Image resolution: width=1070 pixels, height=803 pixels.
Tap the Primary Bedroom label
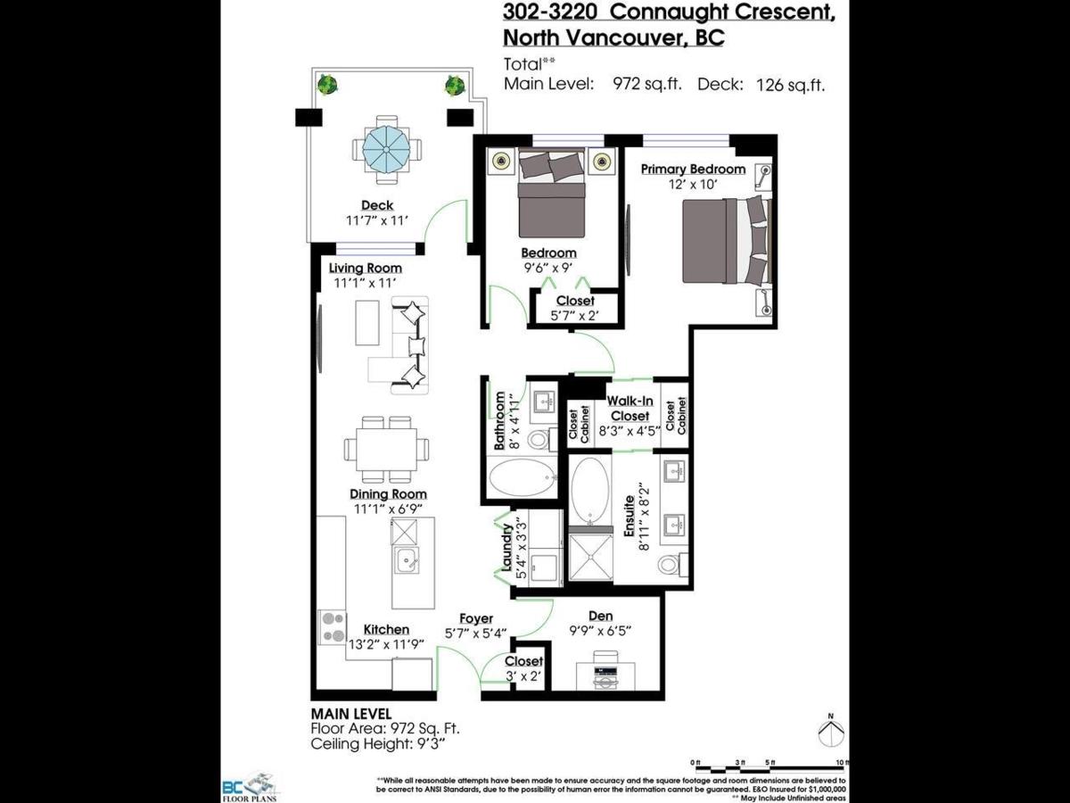pyautogui.click(x=693, y=170)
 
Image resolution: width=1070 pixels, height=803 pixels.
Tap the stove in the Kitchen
pyautogui.click(x=333, y=625)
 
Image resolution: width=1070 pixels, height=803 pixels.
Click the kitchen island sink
pyautogui.click(x=406, y=563)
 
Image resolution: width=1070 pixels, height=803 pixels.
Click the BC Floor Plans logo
pyautogui.click(x=251, y=787)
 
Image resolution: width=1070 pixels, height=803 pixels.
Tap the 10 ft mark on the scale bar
pyautogui.click(x=842, y=761)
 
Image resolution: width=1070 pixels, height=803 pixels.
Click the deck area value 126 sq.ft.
pyautogui.click(x=790, y=85)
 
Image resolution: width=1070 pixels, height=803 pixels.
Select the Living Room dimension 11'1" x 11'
pyautogui.click(x=365, y=283)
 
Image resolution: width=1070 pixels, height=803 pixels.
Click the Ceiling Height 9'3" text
pyautogui.click(x=377, y=742)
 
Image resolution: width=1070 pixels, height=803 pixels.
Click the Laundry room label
pyautogui.click(x=506, y=547)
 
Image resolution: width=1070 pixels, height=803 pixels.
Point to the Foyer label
pyautogui.click(x=476, y=618)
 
